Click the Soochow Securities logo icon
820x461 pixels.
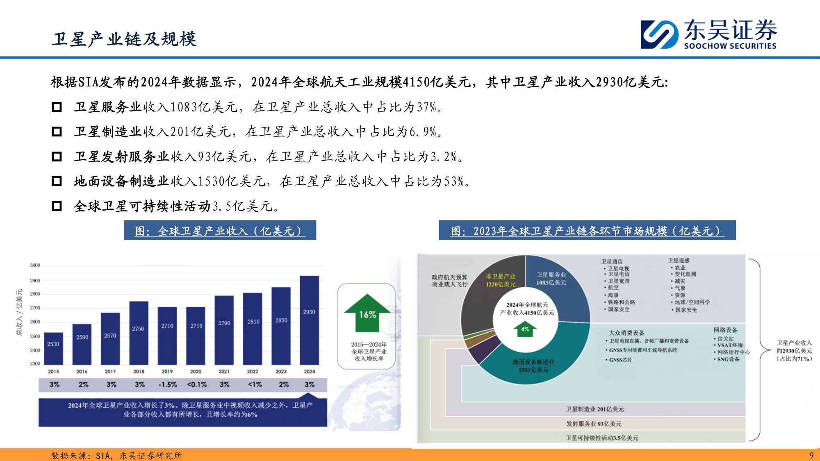pyautogui.click(x=659, y=34)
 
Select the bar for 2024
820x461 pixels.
pyautogui.click(x=309, y=320)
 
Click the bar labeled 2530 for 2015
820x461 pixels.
pyautogui.click(x=53, y=348)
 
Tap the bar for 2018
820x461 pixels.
pyautogui.click(x=139, y=333)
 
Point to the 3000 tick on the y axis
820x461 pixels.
pyautogui.click(x=35, y=266)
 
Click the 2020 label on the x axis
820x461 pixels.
pyautogui.click(x=196, y=372)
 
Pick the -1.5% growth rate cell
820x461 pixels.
pyautogui.click(x=167, y=385)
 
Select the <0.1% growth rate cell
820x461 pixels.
pyautogui.click(x=197, y=385)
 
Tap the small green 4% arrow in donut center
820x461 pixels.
pyautogui.click(x=525, y=329)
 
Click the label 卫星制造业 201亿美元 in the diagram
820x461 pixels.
pyautogui.click(x=595, y=409)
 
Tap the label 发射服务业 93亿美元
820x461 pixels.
pyautogui.click(x=594, y=424)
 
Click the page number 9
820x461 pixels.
pyautogui.click(x=811, y=455)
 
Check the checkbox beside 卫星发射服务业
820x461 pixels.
pyautogui.click(x=57, y=157)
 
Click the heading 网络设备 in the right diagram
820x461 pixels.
pyautogui.click(x=725, y=330)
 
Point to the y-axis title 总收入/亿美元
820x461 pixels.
pyautogui.click(x=20, y=312)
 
